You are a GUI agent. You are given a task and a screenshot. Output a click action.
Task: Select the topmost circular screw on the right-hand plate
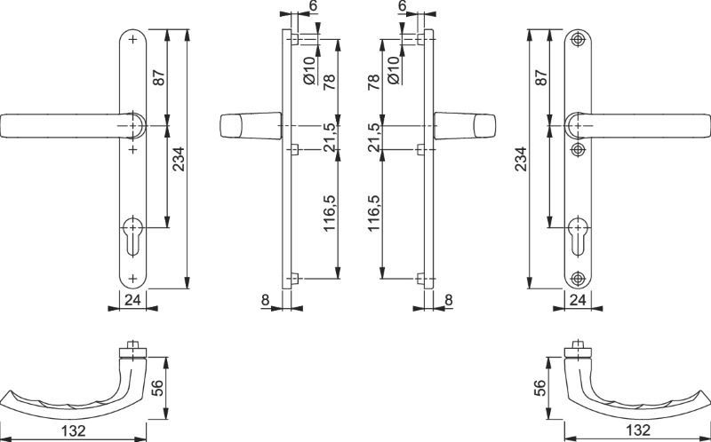click(578, 39)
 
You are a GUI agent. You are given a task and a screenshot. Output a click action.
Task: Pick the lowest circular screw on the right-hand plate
click(578, 279)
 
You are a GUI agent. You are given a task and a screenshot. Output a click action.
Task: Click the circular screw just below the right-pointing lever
click(578, 149)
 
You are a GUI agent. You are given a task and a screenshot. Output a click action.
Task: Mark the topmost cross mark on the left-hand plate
click(132, 39)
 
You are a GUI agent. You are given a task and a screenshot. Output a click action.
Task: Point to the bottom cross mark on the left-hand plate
click(132, 279)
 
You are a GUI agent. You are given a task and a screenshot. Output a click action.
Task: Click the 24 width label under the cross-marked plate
click(132, 299)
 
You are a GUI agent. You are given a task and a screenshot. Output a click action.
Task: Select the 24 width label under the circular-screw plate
click(578, 299)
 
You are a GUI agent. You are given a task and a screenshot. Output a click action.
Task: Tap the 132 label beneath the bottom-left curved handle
click(73, 430)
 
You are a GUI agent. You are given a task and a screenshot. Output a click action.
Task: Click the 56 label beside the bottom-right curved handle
click(539, 388)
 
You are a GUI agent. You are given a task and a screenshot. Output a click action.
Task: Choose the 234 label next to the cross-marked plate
click(179, 159)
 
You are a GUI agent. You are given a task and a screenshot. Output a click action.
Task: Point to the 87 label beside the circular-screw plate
click(541, 77)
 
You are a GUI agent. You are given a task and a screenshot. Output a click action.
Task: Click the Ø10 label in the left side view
click(309, 70)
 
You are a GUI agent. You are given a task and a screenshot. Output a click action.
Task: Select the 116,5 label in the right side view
click(373, 213)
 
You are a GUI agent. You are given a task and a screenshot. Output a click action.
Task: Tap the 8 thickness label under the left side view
click(266, 300)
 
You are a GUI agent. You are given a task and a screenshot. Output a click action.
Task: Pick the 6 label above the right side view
click(403, 6)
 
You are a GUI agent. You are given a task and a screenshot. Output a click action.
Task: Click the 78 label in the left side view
click(329, 82)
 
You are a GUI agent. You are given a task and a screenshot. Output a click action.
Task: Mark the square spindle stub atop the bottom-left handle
click(132, 344)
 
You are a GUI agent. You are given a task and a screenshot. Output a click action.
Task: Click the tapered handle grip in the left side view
click(251, 126)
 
